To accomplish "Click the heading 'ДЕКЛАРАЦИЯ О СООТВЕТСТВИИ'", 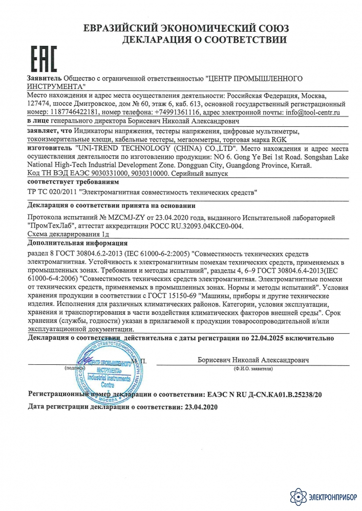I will (x=204, y=39).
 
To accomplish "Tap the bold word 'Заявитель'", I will (x=44, y=79).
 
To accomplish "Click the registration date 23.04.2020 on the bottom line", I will (x=201, y=407).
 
